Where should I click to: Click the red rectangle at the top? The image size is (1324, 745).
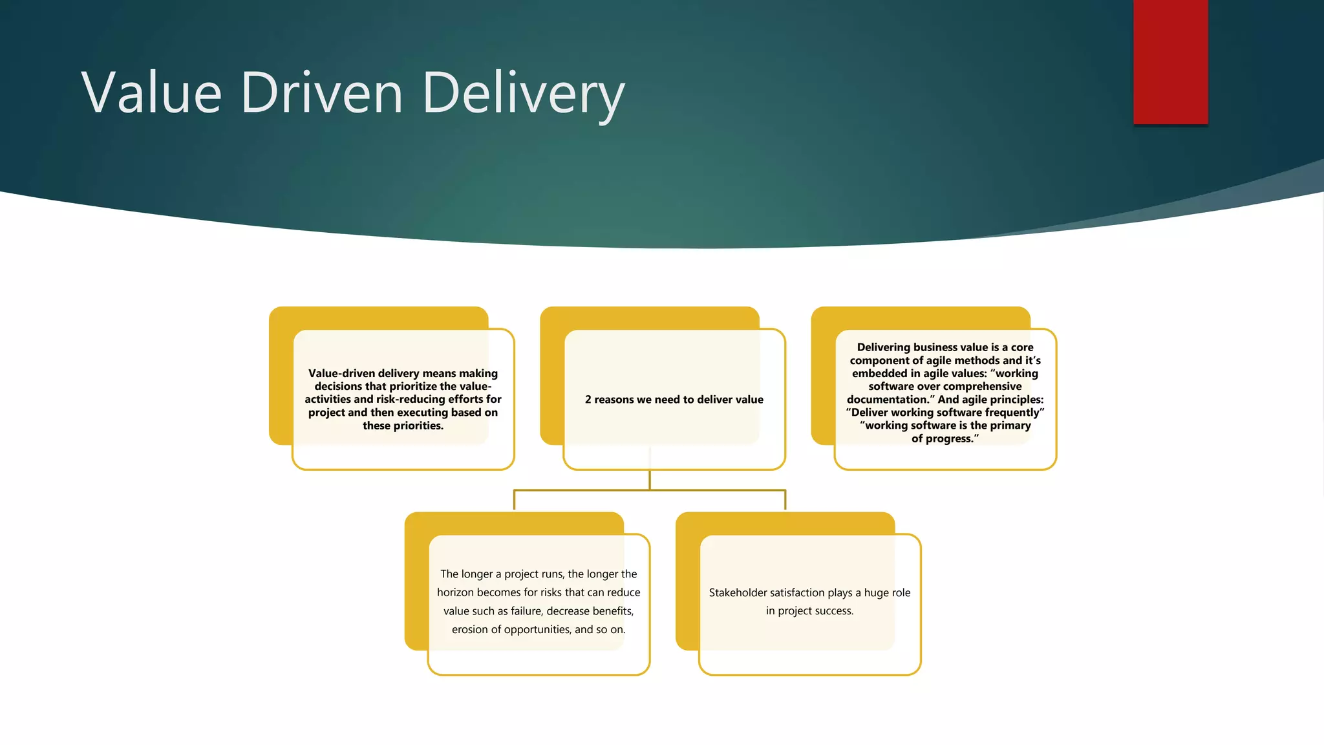click(1170, 61)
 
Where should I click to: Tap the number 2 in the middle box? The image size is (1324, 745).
click(588, 400)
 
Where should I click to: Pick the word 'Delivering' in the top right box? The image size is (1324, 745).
click(884, 347)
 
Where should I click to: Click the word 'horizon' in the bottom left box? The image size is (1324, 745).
click(455, 592)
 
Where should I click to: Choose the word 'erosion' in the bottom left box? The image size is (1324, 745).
click(469, 629)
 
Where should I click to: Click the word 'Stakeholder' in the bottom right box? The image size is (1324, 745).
click(738, 592)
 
